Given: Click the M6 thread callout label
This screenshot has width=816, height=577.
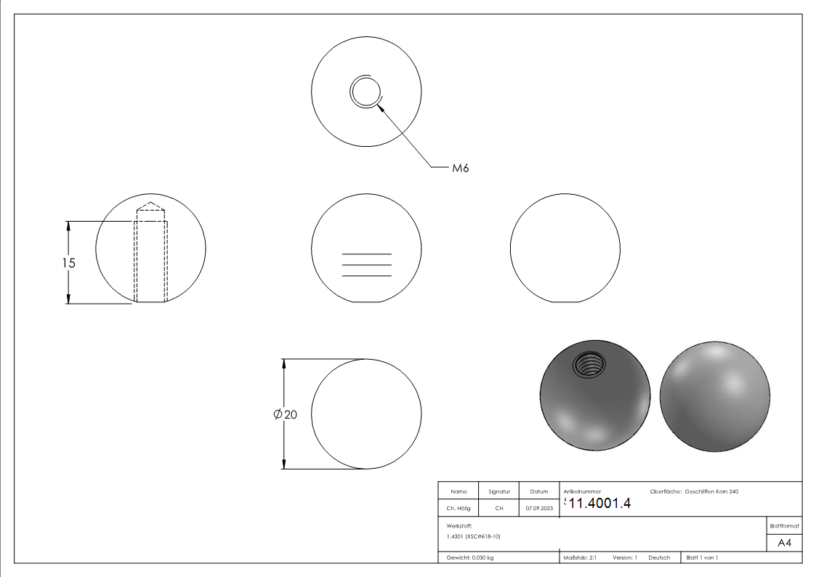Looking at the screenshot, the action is point(461,168).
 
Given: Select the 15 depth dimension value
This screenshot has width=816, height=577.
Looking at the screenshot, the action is point(69,263).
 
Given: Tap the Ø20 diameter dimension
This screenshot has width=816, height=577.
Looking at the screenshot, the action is point(285,414).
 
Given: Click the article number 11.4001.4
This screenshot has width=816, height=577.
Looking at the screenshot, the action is point(599,503).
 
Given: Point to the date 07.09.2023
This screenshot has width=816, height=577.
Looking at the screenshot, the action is point(539,508).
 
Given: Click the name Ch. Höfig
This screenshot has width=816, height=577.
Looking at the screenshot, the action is point(458,508).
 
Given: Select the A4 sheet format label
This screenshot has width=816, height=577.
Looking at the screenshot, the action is point(784,543).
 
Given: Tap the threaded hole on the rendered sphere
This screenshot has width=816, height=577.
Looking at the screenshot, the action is point(589,364).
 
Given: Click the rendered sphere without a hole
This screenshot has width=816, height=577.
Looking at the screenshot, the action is point(715,397).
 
